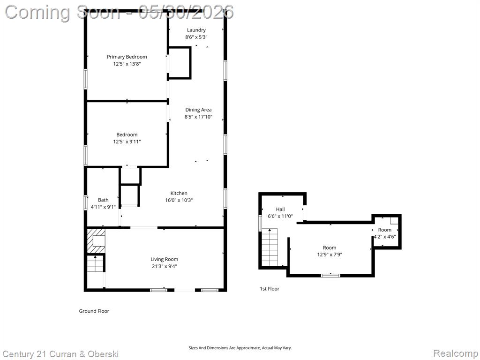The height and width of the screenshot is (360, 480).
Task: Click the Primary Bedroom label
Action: (x=127, y=57)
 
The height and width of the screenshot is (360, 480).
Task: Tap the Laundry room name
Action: (x=196, y=30)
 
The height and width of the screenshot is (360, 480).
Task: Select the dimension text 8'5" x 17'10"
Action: (x=198, y=117)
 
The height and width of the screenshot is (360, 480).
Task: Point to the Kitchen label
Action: (x=179, y=193)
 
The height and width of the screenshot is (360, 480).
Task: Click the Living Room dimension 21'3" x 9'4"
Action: (x=165, y=266)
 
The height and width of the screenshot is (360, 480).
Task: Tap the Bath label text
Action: (x=103, y=200)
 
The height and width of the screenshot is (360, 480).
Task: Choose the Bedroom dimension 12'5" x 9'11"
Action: (x=127, y=142)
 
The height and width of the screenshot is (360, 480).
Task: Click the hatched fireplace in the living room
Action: (x=96, y=240)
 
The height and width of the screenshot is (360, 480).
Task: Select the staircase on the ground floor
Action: (x=96, y=264)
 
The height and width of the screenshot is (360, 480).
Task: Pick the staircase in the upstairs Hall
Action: (x=270, y=247)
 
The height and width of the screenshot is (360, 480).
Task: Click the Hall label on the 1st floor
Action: (x=280, y=210)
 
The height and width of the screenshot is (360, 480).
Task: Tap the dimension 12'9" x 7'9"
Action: (x=330, y=255)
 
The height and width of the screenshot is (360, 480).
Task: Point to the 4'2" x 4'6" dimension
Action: (x=385, y=237)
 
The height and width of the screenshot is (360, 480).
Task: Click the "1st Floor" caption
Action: (x=270, y=289)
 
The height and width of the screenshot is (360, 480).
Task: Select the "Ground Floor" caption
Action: (x=94, y=311)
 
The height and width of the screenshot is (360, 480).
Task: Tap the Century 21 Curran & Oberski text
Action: (x=60, y=354)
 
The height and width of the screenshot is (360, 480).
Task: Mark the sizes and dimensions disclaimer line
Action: (x=240, y=348)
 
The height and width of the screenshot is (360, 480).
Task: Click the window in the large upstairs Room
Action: (x=330, y=276)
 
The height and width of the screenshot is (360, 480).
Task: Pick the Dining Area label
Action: (x=198, y=110)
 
